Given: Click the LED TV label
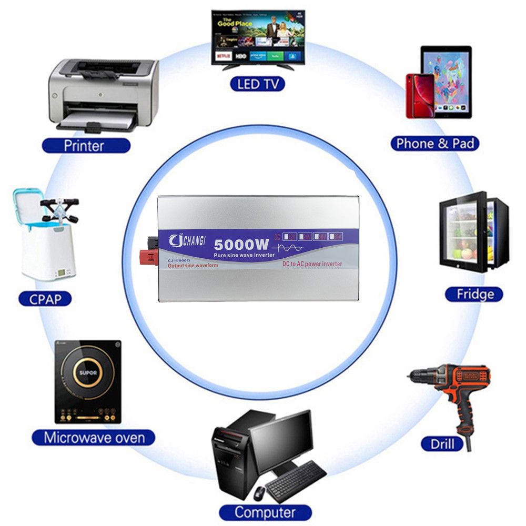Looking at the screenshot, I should pyautogui.click(x=257, y=83).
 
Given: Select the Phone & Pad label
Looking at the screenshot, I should pyautogui.click(x=435, y=143).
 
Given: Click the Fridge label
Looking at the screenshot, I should pyautogui.click(x=474, y=294).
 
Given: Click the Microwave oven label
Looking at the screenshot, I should pyautogui.click(x=94, y=437).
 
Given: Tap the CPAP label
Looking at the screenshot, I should pyautogui.click(x=45, y=299).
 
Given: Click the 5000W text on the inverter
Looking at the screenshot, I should pyautogui.click(x=241, y=245).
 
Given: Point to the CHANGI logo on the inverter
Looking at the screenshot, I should pyautogui.click(x=188, y=241).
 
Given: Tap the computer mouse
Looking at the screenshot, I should pyautogui.click(x=259, y=493).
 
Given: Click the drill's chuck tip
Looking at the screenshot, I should pyautogui.click(x=411, y=375).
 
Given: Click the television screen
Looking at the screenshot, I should pyautogui.click(x=258, y=36).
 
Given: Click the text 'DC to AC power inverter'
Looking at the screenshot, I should pyautogui.click(x=312, y=264).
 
